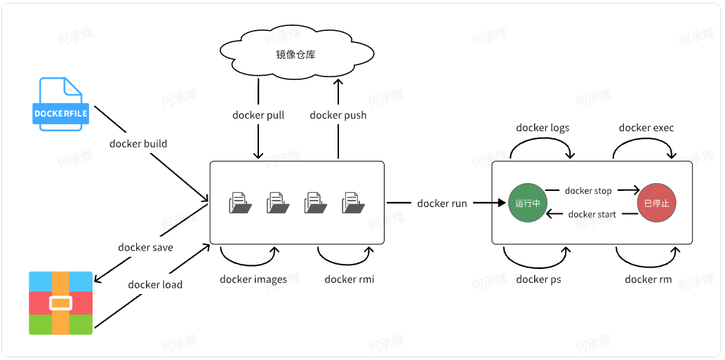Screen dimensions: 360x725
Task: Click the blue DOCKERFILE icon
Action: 60,104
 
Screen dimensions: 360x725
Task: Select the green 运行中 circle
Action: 527,204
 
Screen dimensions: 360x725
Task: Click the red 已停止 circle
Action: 656,204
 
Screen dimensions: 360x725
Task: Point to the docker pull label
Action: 258,115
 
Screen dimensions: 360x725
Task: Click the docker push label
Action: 338,115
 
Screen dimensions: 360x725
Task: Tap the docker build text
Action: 138,144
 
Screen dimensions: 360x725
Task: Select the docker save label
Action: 145,247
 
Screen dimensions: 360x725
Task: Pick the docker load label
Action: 155,284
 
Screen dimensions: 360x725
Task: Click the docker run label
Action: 441,204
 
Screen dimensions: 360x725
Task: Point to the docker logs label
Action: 543,128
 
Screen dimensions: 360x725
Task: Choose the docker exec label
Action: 646,128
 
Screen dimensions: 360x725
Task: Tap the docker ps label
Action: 538,279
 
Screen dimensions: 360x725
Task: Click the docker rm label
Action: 648,279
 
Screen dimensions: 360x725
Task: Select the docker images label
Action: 253,279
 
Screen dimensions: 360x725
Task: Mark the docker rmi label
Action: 349,279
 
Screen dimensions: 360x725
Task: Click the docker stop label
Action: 587,191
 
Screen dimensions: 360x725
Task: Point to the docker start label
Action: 592,215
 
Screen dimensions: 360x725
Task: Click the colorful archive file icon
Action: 60,302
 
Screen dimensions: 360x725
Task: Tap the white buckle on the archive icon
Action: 60,304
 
